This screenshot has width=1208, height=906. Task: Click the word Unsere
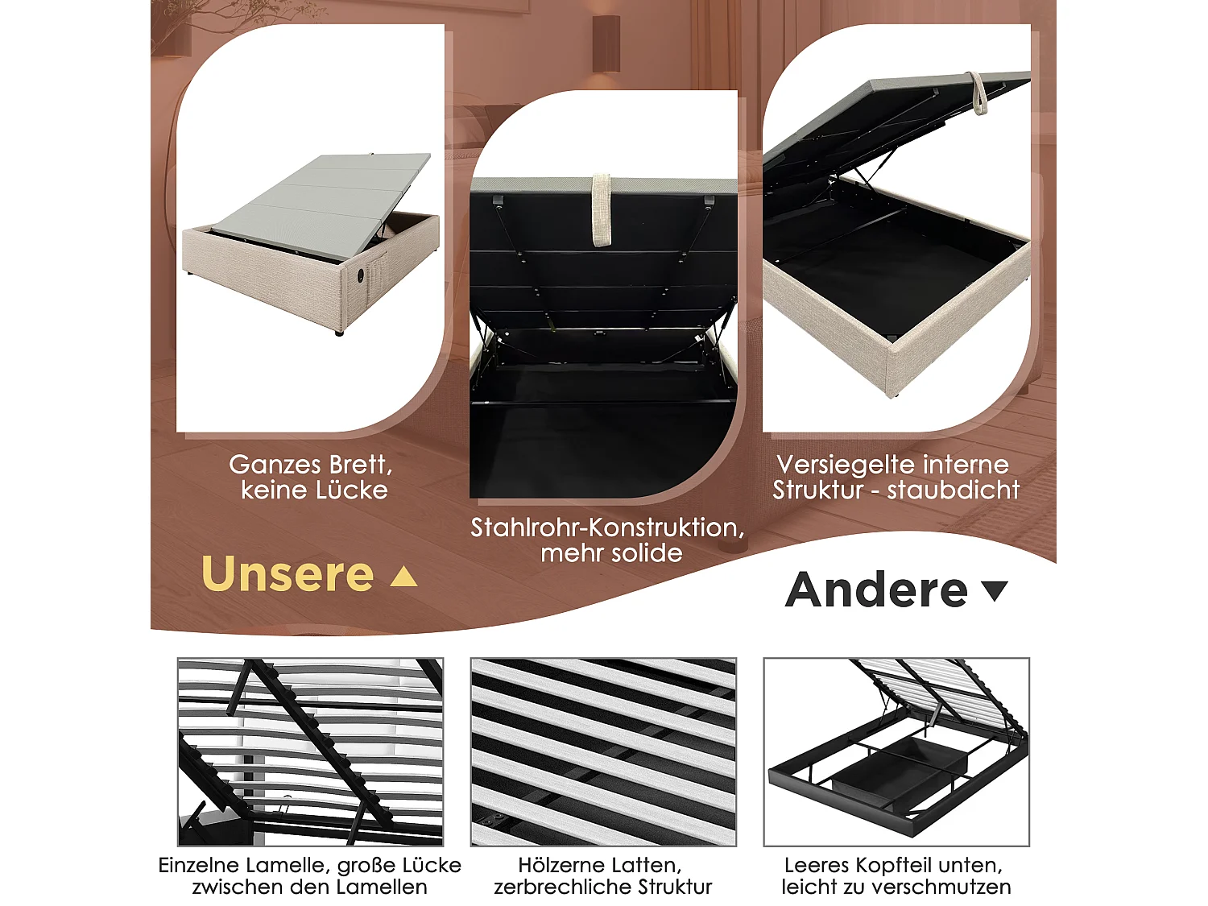point(288,574)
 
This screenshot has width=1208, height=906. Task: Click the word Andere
point(876,590)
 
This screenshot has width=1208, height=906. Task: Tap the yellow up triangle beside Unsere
point(403,577)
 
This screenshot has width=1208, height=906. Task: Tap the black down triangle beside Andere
point(995,591)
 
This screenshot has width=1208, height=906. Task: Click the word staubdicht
point(954,490)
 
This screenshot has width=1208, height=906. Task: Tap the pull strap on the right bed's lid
point(978,93)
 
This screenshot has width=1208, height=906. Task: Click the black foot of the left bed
point(338,332)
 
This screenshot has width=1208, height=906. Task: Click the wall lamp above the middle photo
point(606,44)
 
